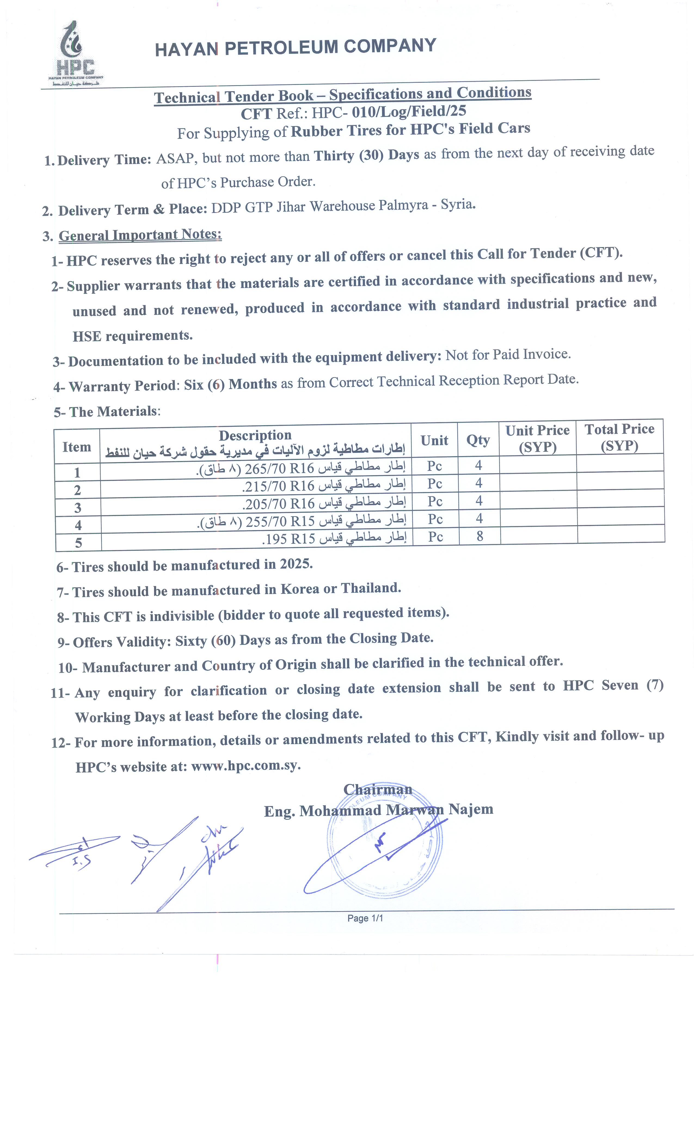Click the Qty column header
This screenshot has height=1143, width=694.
(478, 439)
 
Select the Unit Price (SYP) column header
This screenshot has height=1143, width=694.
(537, 438)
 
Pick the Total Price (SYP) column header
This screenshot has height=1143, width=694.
(619, 437)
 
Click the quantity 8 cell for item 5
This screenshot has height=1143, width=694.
(480, 536)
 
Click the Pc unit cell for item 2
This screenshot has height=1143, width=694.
(435, 483)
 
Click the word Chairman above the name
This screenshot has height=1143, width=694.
(378, 789)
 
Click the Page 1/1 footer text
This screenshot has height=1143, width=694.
(365, 918)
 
